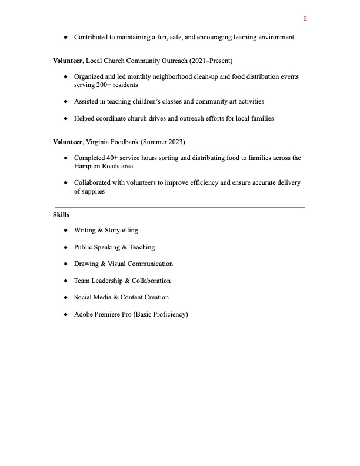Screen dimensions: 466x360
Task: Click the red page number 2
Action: (305, 19)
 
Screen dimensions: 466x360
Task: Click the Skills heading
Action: (61, 215)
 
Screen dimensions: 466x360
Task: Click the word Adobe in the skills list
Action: (83, 315)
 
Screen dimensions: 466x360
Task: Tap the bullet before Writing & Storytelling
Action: (66, 231)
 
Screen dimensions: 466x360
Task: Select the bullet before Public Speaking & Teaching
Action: (66, 248)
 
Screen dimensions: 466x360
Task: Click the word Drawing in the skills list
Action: (86, 264)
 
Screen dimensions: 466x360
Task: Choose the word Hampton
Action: (86, 167)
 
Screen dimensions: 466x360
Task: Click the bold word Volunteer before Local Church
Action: (68, 61)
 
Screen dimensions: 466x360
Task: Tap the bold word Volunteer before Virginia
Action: (68, 142)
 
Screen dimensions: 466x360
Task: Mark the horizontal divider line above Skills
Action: (179, 207)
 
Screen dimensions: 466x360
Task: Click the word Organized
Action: (89, 77)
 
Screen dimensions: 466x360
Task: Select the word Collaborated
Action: (93, 183)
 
